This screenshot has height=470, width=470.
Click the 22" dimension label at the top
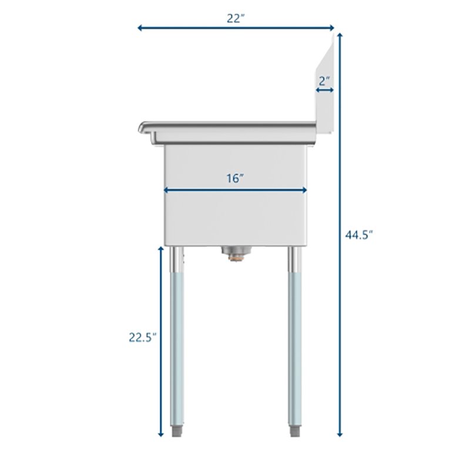pyautogui.click(x=236, y=18)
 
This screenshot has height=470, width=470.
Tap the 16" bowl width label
pyautogui.click(x=236, y=179)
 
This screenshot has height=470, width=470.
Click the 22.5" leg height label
pyautogui.click(x=143, y=337)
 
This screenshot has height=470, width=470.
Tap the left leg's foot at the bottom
pyautogui.click(x=176, y=431)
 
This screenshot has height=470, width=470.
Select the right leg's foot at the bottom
pyautogui.click(x=296, y=431)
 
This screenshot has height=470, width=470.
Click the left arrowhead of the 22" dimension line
pyautogui.click(x=140, y=27)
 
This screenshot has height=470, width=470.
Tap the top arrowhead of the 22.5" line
pyautogui.click(x=161, y=249)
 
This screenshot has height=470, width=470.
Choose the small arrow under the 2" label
pyautogui.click(x=325, y=90)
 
